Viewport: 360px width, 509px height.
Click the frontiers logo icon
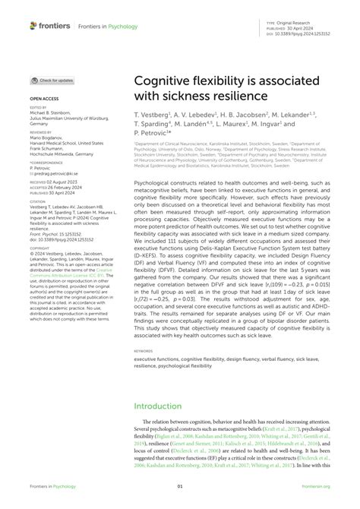coord(33,26)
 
